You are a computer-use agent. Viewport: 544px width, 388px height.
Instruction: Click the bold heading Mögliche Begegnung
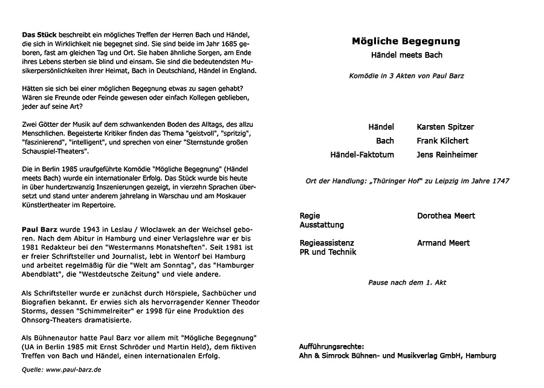coord(406,42)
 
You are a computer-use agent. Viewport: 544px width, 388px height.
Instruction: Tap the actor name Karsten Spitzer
coord(445,127)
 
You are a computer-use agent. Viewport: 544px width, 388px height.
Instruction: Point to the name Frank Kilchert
coord(442,141)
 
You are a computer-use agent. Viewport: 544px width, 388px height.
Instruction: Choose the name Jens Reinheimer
coord(447,155)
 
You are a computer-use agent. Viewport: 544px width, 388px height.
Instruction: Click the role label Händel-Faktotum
coord(362,155)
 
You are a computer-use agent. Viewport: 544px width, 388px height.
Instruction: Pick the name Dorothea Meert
coord(446,216)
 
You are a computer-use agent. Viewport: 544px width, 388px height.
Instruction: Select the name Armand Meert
coord(443,243)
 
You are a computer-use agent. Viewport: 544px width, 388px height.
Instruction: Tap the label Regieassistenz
coord(327,243)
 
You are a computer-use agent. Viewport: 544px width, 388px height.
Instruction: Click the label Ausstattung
coord(322,225)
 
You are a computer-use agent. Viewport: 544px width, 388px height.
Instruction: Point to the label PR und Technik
coord(328,252)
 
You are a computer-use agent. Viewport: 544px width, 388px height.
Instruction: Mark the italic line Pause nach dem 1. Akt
coord(407,282)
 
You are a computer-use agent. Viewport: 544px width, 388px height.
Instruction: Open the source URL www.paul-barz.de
coord(73,369)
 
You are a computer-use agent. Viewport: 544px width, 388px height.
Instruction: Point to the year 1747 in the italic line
coord(499,181)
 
